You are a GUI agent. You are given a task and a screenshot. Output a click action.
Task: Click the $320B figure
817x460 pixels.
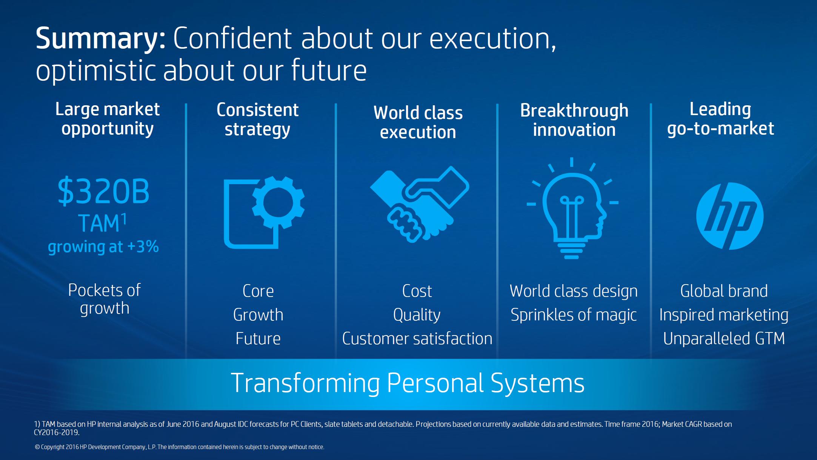(x=103, y=191)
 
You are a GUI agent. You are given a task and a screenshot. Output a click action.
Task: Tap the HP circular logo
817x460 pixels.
(x=730, y=216)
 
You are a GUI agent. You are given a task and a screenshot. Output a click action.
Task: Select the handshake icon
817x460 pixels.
(x=419, y=204)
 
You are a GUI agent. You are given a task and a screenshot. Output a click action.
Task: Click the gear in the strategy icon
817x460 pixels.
(x=278, y=203)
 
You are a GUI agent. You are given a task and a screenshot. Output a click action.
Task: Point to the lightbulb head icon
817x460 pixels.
(x=572, y=208)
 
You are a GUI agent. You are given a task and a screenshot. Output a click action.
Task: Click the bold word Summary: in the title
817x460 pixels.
(x=101, y=38)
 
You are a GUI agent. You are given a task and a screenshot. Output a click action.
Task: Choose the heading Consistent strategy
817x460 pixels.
(x=258, y=120)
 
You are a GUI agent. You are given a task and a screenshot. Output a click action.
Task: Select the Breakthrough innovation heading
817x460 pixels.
(x=574, y=120)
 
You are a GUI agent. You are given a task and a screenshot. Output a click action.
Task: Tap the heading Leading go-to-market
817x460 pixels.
(x=720, y=119)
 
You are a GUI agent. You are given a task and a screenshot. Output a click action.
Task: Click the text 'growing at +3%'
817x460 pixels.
(x=103, y=247)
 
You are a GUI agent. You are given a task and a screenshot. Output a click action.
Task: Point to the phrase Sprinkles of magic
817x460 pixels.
(x=574, y=315)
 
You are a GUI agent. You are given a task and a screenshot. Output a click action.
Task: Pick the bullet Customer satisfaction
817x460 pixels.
(x=417, y=338)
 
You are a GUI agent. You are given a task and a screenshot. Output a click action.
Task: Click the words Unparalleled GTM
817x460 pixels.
(x=724, y=338)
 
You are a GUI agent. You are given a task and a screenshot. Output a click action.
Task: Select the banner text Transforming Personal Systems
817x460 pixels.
(x=408, y=383)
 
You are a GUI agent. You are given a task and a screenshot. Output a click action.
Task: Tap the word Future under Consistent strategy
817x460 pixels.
(x=258, y=338)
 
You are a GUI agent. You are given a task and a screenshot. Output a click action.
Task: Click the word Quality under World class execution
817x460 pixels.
(x=417, y=315)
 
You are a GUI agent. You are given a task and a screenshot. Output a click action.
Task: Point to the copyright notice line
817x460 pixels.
(x=179, y=447)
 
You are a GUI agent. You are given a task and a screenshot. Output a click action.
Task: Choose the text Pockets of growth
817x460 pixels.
(x=105, y=299)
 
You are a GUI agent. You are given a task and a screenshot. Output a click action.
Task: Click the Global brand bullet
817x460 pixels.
(x=724, y=291)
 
